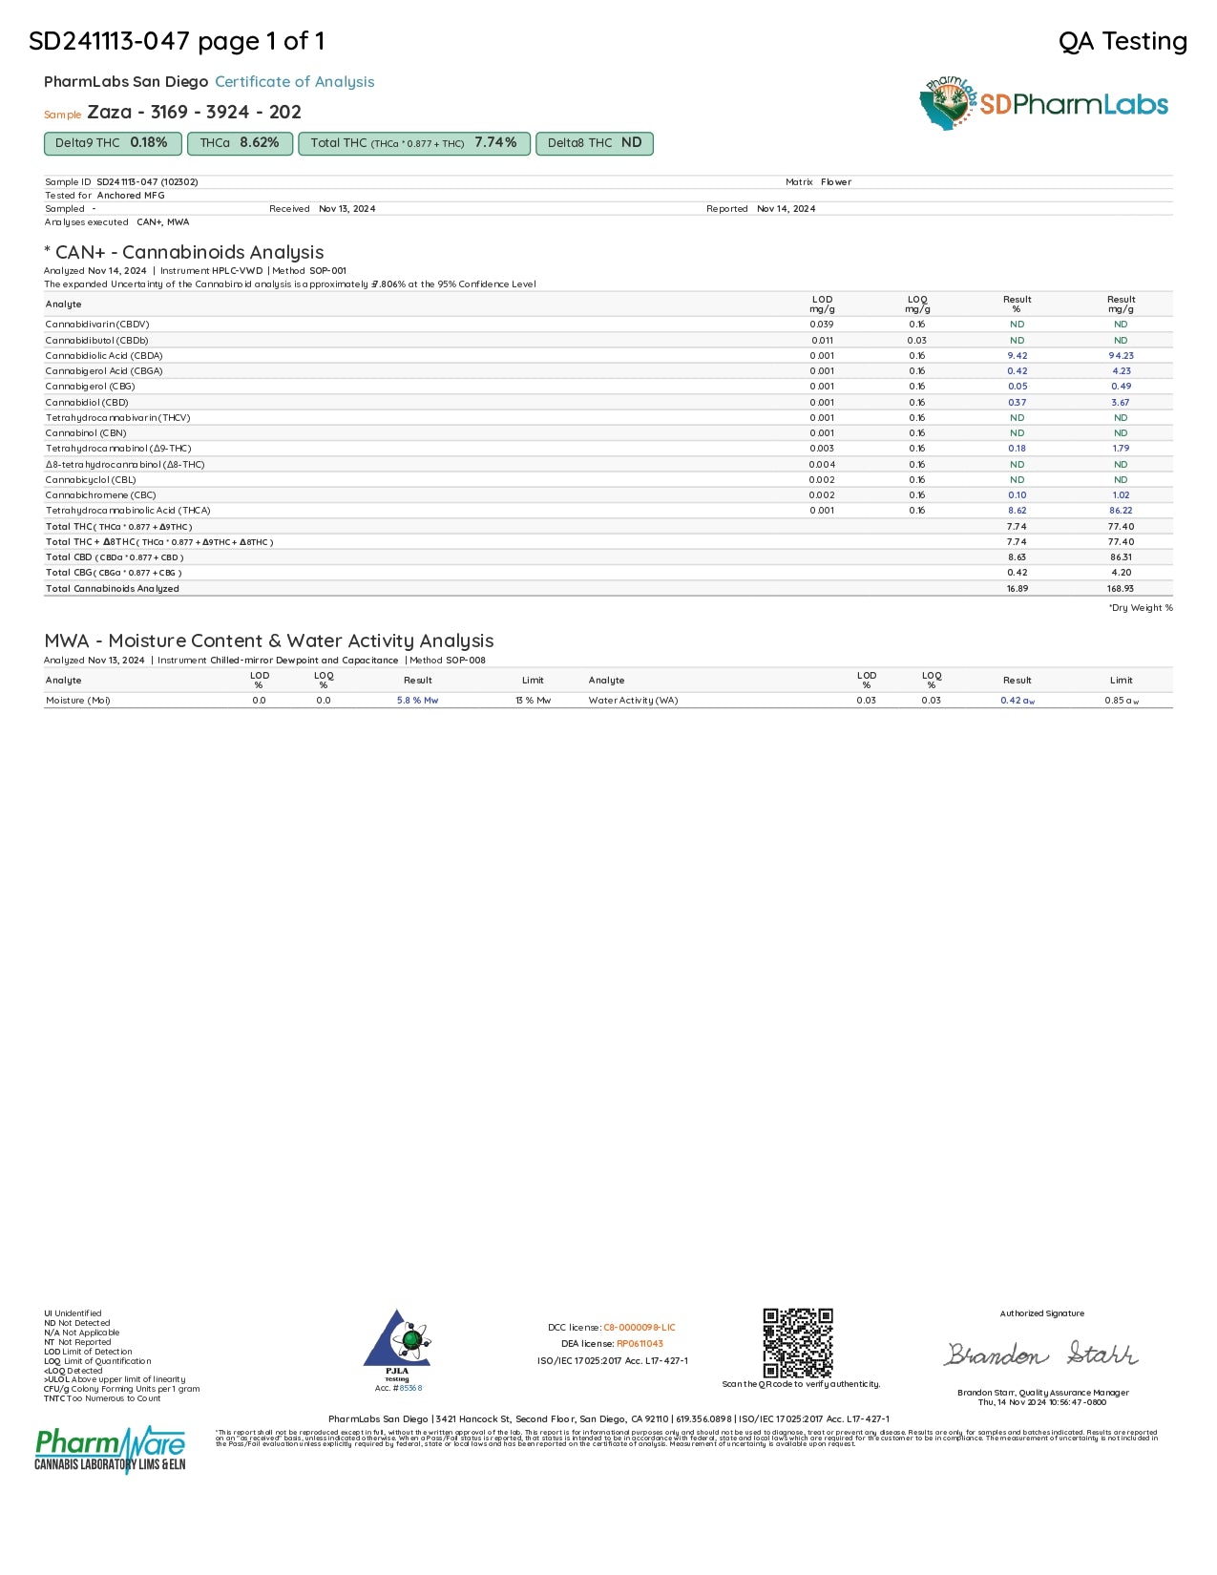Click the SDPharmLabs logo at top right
click(1044, 103)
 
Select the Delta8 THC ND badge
click(594, 143)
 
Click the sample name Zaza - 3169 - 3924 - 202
click(194, 113)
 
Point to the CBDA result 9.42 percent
click(1017, 356)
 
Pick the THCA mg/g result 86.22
click(1121, 511)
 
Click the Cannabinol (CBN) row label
click(86, 433)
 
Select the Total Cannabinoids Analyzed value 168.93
click(1121, 589)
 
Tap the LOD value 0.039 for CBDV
click(821, 325)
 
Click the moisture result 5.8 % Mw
click(417, 701)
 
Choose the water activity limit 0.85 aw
click(1121, 701)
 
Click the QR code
click(798, 1342)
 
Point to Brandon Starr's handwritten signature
click(1041, 1354)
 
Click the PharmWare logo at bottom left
click(110, 1449)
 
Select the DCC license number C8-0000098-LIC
click(639, 1328)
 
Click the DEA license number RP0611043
click(640, 1344)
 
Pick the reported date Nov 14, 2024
click(786, 209)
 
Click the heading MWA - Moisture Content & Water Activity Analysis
click(268, 641)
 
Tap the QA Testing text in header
click(1123, 42)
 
